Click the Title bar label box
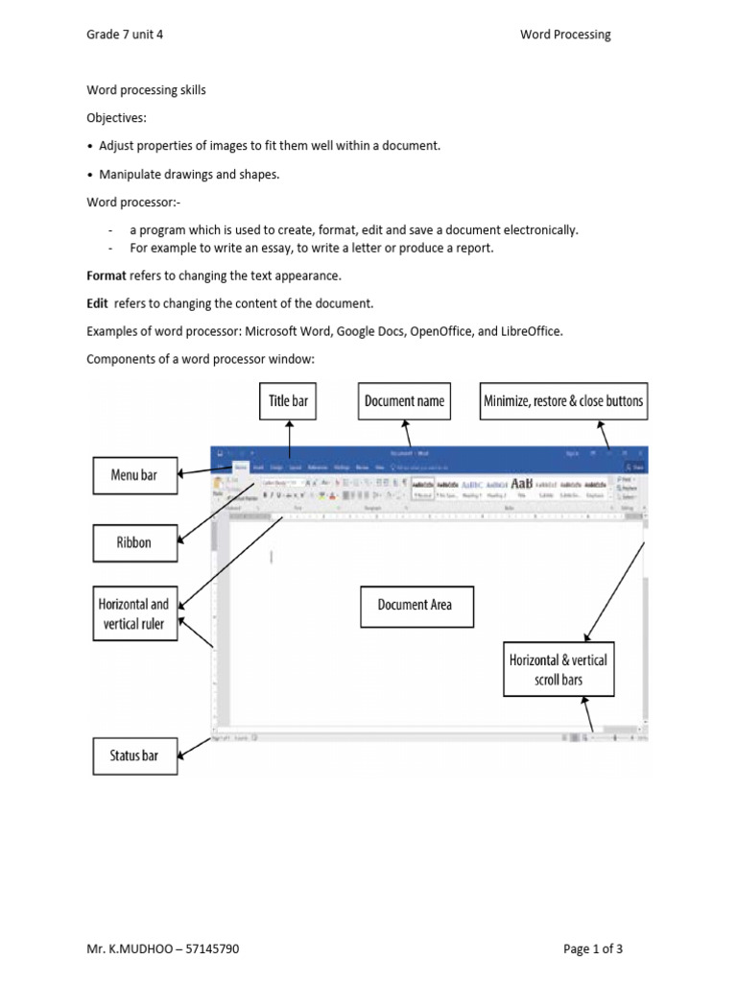pyautogui.click(x=288, y=401)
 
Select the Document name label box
pyautogui.click(x=404, y=401)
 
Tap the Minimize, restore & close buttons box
pyautogui.click(x=564, y=401)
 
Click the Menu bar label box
pyautogui.click(x=134, y=475)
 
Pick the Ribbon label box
pyautogui.click(x=134, y=542)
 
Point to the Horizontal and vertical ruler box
pyautogui.click(x=134, y=614)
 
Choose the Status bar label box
pyautogui.click(x=134, y=755)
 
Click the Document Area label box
pyautogui.click(x=415, y=606)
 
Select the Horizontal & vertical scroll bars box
pyautogui.click(x=558, y=670)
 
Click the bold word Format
pyautogui.click(x=107, y=276)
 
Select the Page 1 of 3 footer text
pyautogui.click(x=593, y=949)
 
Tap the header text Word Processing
pyautogui.click(x=565, y=35)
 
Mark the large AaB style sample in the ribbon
pyautogui.click(x=522, y=483)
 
